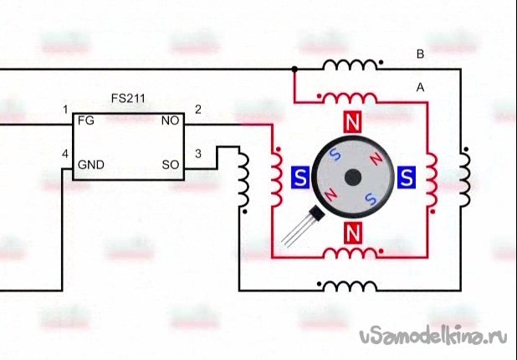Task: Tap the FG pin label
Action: point(84,121)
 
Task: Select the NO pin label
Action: point(170,121)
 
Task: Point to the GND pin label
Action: point(90,164)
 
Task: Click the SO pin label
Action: point(171,164)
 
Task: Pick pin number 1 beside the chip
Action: point(64,110)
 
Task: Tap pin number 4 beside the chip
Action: point(64,153)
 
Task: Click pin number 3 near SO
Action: point(197,153)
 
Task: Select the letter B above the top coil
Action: point(420,55)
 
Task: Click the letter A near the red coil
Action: point(420,87)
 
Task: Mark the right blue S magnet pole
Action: point(407,177)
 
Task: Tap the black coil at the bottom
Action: point(350,286)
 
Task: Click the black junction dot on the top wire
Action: point(294,69)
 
